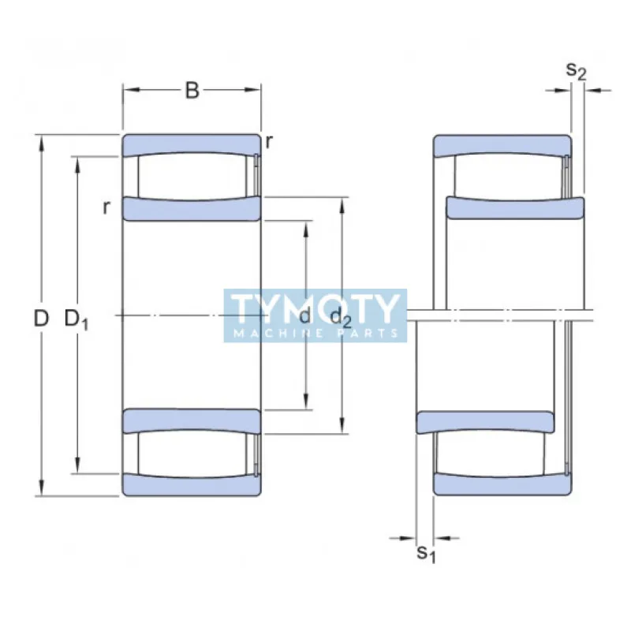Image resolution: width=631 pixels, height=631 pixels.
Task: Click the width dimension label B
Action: (x=192, y=91)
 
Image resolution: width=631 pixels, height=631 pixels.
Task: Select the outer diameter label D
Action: (x=41, y=319)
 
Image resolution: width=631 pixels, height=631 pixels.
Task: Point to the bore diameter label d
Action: (x=304, y=317)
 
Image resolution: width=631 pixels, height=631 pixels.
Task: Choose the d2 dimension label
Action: (x=341, y=318)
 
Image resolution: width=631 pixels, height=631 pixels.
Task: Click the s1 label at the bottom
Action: (x=426, y=554)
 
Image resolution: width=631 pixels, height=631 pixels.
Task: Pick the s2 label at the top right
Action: (x=577, y=71)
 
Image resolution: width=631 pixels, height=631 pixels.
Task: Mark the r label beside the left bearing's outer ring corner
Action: (x=269, y=142)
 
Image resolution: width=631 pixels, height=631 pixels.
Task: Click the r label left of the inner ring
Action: (x=106, y=207)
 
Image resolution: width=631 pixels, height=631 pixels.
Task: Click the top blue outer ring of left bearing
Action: (x=192, y=144)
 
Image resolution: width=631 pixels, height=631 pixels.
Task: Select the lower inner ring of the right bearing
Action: (x=485, y=422)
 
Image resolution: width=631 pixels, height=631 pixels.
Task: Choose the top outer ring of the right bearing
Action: (x=502, y=144)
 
